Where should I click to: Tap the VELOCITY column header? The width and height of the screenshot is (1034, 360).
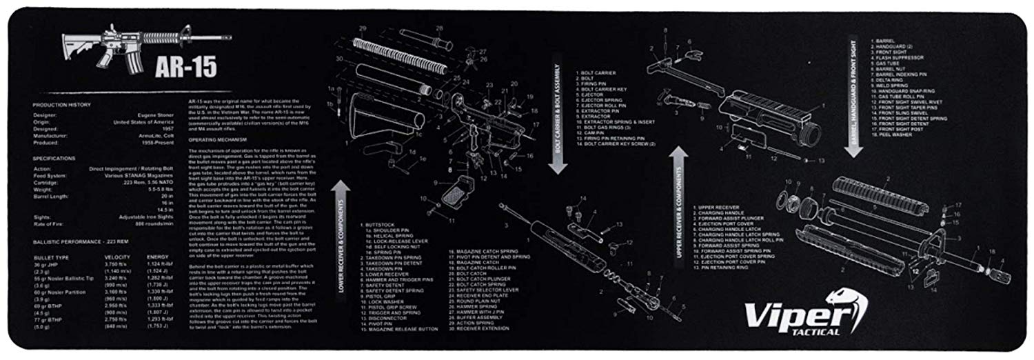coord(115,257)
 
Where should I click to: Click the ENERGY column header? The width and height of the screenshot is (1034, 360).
coord(157,257)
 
